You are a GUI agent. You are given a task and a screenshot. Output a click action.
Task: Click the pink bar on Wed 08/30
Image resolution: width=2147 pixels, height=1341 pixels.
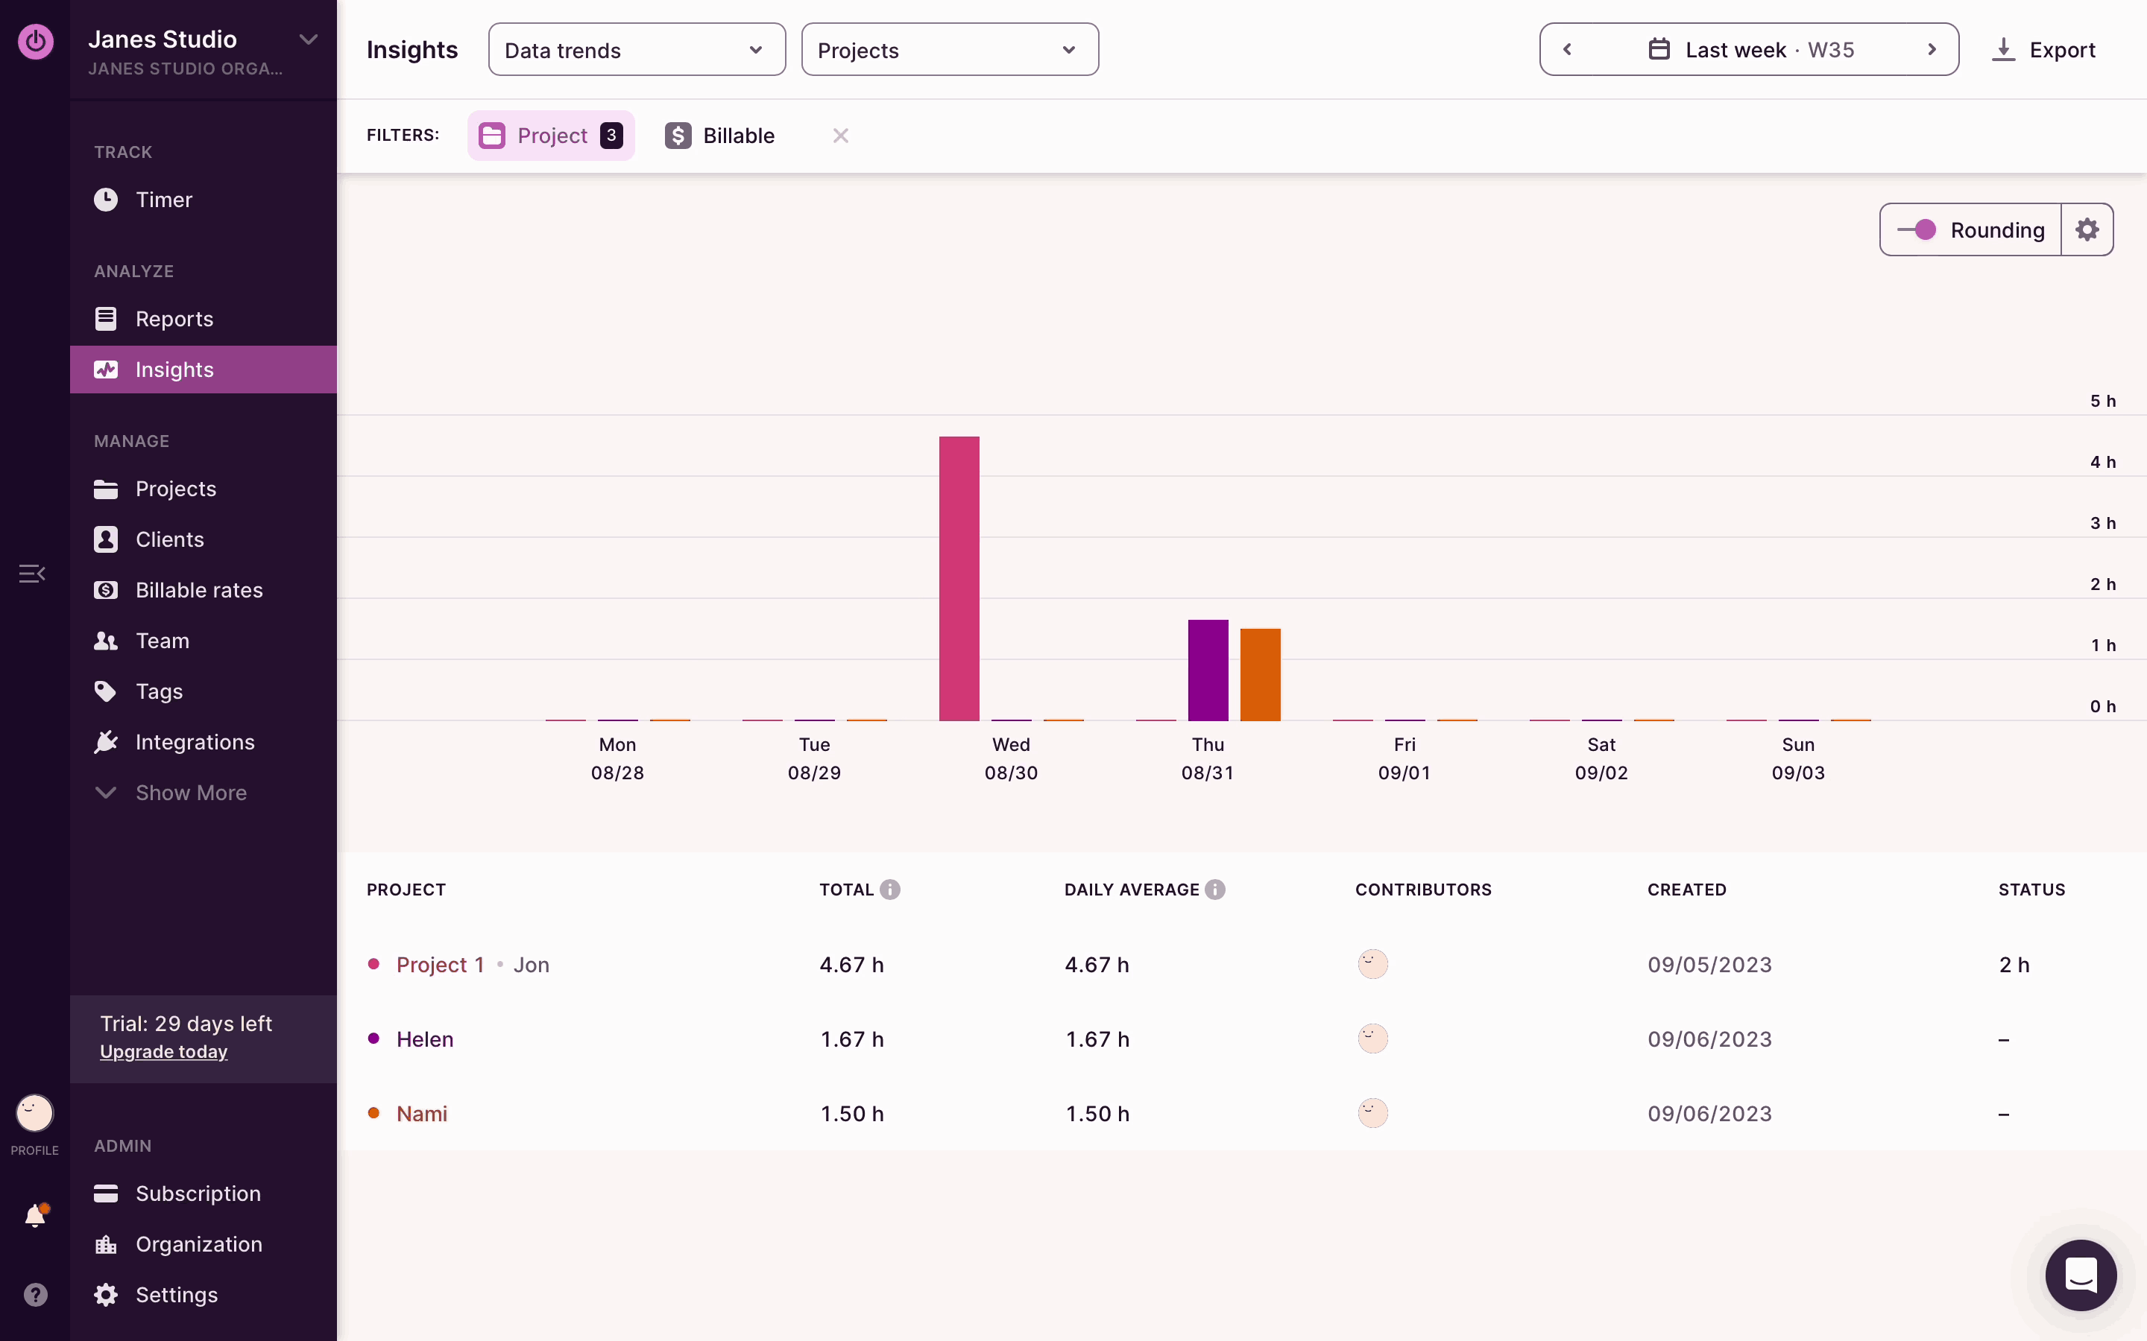click(959, 578)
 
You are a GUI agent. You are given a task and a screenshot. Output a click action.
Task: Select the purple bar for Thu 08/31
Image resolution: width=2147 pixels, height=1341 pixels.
click(1208, 670)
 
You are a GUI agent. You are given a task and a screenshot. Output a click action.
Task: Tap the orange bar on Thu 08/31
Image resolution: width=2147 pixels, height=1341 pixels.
click(1260, 675)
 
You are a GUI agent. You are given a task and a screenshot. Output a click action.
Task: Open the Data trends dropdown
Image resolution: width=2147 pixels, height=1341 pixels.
click(636, 50)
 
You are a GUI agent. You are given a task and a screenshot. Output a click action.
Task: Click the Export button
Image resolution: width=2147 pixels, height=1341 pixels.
click(2044, 50)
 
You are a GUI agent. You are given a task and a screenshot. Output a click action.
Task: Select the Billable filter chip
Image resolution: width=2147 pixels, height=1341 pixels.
click(720, 136)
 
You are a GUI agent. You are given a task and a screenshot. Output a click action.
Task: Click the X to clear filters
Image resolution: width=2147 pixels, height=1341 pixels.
click(840, 136)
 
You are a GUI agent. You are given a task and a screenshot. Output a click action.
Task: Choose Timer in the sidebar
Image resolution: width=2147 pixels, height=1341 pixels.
click(163, 200)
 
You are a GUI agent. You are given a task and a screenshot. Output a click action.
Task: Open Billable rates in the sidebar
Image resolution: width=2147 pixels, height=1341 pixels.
click(199, 590)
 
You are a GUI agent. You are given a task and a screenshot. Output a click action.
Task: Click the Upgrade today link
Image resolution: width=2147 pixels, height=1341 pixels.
click(163, 1052)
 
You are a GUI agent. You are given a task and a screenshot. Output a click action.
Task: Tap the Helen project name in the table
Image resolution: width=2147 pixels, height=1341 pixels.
click(425, 1039)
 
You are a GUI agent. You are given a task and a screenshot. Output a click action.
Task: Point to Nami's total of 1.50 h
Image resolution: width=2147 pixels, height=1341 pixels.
click(851, 1114)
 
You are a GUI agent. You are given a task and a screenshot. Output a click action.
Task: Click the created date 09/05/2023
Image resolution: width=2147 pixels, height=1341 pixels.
click(1709, 965)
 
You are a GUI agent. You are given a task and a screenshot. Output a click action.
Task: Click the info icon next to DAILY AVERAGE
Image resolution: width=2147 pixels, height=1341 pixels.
click(1215, 890)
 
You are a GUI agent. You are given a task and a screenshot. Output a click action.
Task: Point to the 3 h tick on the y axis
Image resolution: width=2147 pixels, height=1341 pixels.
click(2102, 523)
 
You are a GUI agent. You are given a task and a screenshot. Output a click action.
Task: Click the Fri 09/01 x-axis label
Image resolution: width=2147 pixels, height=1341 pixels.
click(1404, 758)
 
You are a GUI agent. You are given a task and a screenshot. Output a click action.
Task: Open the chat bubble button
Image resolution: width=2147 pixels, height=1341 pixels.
click(2081, 1275)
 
